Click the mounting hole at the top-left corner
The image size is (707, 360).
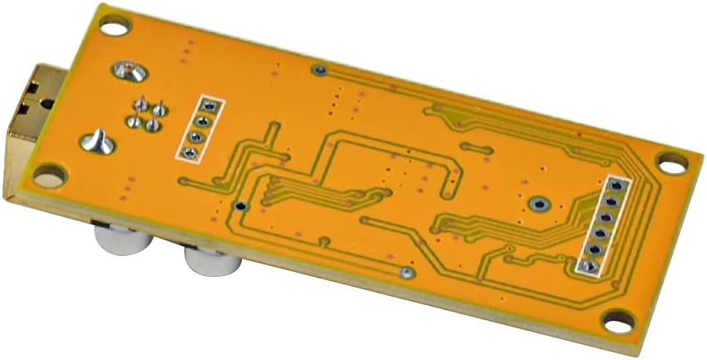pyautogui.click(x=115, y=26)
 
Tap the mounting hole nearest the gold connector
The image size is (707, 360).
pyautogui.click(x=50, y=175)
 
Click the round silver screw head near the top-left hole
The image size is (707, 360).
pyautogui.click(x=130, y=72)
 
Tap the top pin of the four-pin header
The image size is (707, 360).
pyautogui.click(x=209, y=106)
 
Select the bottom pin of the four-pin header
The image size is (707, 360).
pyautogui.click(x=190, y=152)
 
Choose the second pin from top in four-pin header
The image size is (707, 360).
pyautogui.click(x=203, y=121)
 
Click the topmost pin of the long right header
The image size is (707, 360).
pyautogui.click(x=616, y=184)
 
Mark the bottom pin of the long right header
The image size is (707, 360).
pyautogui.click(x=589, y=266)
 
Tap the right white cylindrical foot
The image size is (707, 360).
pyautogui.click(x=213, y=264)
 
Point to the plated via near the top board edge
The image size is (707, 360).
pyautogui.click(x=319, y=70)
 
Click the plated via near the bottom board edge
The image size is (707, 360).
pyautogui.click(x=407, y=273)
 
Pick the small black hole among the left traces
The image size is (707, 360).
pyautogui.click(x=240, y=205)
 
